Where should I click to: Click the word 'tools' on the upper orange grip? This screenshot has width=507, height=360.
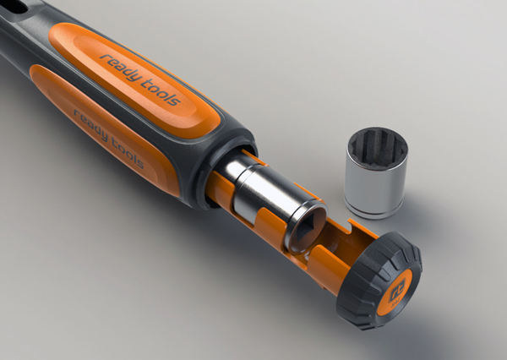[160, 92]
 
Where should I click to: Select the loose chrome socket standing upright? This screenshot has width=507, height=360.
[376, 172]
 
